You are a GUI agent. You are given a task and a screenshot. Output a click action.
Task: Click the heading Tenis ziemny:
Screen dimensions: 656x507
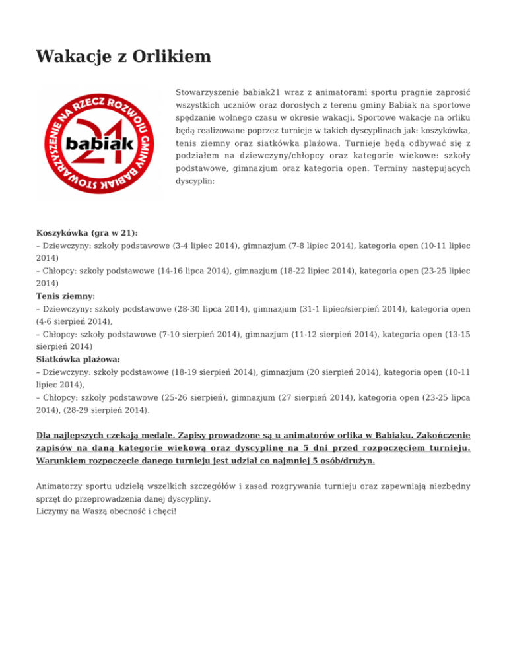(65, 297)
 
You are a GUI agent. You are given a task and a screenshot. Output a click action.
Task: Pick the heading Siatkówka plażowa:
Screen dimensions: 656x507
(78, 360)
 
